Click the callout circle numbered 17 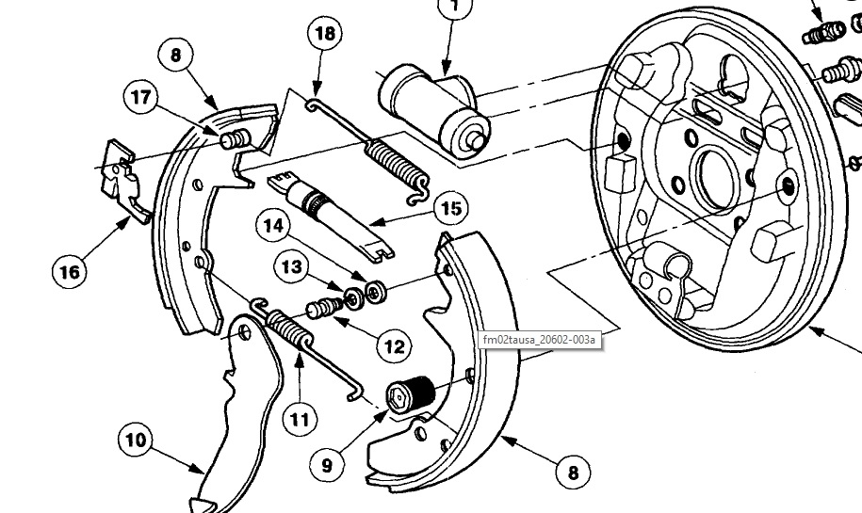140,96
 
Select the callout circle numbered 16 70,272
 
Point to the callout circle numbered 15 452,207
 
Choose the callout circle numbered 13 292,268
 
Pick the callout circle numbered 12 394,345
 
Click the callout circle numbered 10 138,441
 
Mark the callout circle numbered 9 326,463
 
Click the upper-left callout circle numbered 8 175,55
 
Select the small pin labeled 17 232,140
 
